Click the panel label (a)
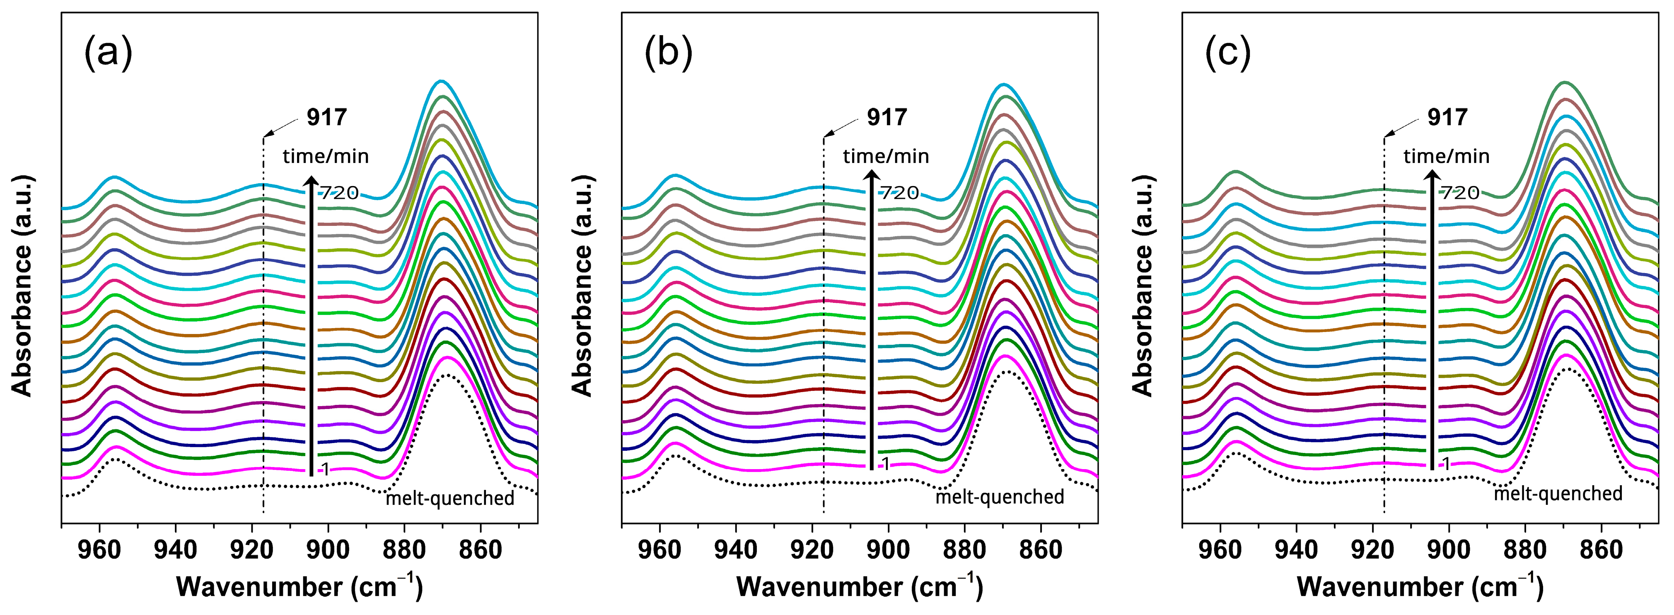click(x=108, y=53)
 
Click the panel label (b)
click(x=668, y=53)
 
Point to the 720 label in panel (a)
click(x=338, y=192)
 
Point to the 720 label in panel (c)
click(x=1459, y=192)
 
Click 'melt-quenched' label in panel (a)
click(x=450, y=499)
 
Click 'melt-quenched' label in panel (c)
click(x=1558, y=494)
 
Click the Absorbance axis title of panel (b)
click(x=582, y=286)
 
